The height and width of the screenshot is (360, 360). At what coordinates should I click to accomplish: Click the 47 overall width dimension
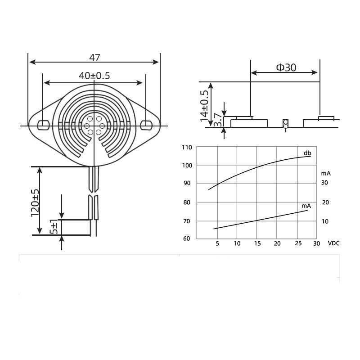pos(94,58)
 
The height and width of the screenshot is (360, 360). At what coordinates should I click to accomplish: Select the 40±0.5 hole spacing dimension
pos(94,76)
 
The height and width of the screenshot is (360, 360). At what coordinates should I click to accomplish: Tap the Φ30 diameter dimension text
pos(286,67)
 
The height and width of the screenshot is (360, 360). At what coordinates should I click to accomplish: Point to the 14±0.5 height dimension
pos(204,106)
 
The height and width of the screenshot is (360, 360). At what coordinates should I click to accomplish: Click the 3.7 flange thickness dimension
pos(218,120)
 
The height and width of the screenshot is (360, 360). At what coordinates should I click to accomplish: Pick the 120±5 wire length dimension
pos(35,203)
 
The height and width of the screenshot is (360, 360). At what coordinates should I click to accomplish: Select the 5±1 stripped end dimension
pos(54,227)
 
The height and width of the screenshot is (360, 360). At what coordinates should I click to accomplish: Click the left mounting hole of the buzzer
pos(43,125)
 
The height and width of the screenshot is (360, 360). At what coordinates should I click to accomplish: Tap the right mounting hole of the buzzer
pos(146,125)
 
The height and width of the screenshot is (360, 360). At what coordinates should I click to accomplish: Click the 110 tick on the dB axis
pos(187,148)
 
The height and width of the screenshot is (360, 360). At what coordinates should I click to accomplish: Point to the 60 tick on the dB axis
pos(187,238)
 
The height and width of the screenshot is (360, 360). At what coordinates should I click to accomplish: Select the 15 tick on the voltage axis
pos(257,243)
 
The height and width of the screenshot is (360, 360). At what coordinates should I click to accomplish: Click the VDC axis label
pos(333,243)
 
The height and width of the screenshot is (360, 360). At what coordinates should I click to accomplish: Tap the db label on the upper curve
pos(307,153)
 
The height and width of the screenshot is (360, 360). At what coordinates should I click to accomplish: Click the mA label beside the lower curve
pos(306,206)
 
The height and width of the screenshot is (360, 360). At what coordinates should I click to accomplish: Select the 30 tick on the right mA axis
pos(324,183)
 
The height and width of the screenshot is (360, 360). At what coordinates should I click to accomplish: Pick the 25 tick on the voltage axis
pos(298,243)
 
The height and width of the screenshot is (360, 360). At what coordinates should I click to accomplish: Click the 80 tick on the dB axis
pos(187,202)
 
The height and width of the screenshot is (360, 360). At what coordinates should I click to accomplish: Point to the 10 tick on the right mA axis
pos(325,221)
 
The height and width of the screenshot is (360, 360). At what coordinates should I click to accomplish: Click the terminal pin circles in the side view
pos(286,124)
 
